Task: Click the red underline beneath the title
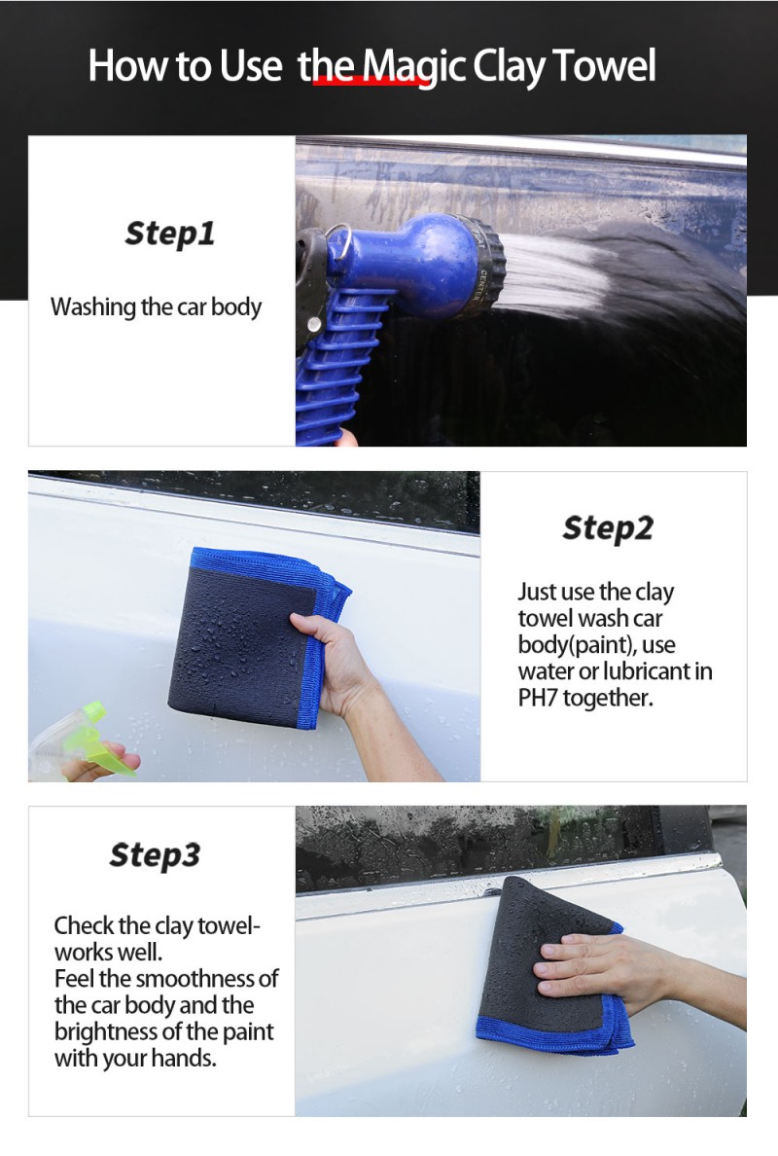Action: click(367, 81)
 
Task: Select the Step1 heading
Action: click(169, 234)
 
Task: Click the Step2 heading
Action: click(608, 527)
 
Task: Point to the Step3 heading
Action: click(155, 855)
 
